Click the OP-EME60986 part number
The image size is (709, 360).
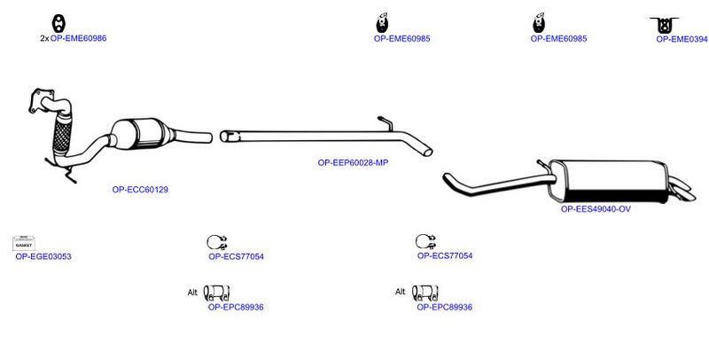pos(78,38)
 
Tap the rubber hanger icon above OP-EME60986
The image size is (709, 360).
pos(58,24)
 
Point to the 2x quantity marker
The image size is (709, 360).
pos(44,39)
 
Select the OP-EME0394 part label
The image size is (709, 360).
pos(682,39)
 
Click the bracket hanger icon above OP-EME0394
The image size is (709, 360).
pos(664,25)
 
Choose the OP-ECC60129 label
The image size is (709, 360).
pos(140,190)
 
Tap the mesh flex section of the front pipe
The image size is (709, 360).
pos(62,134)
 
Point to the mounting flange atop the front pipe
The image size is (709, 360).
pos(41,100)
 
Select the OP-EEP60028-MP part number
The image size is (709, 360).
pos(353,163)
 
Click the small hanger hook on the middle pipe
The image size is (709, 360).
pos(386,123)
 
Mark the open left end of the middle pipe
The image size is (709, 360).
pos(224,137)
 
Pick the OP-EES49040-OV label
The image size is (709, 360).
pos(596,209)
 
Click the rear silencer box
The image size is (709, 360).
pos(608,182)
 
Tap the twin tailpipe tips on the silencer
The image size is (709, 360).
pos(682,189)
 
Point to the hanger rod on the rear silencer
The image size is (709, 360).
pos(544,165)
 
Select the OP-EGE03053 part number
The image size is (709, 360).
pos(43,257)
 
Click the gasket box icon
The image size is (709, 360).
pos(24,243)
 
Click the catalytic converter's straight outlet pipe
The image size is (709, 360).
pos(192,137)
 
